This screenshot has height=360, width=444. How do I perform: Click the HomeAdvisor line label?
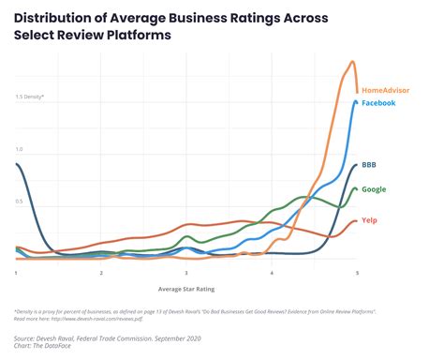coord(387,90)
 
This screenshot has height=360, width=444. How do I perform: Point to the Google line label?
coord(375,189)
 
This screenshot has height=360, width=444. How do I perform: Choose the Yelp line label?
coord(369,220)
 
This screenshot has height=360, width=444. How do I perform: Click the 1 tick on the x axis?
coord(16,272)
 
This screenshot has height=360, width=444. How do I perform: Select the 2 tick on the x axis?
coord(101,272)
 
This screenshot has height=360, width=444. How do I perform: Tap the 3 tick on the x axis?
coord(186,272)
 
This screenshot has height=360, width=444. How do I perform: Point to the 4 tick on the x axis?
coord(272,272)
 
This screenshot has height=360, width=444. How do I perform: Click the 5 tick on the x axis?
coord(356,272)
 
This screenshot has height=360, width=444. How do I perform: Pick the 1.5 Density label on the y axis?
coord(29,97)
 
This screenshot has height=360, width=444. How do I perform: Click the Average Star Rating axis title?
coord(185,289)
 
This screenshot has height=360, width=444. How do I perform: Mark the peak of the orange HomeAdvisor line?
coord(352,62)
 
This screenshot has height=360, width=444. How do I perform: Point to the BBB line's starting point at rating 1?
coord(17,164)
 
